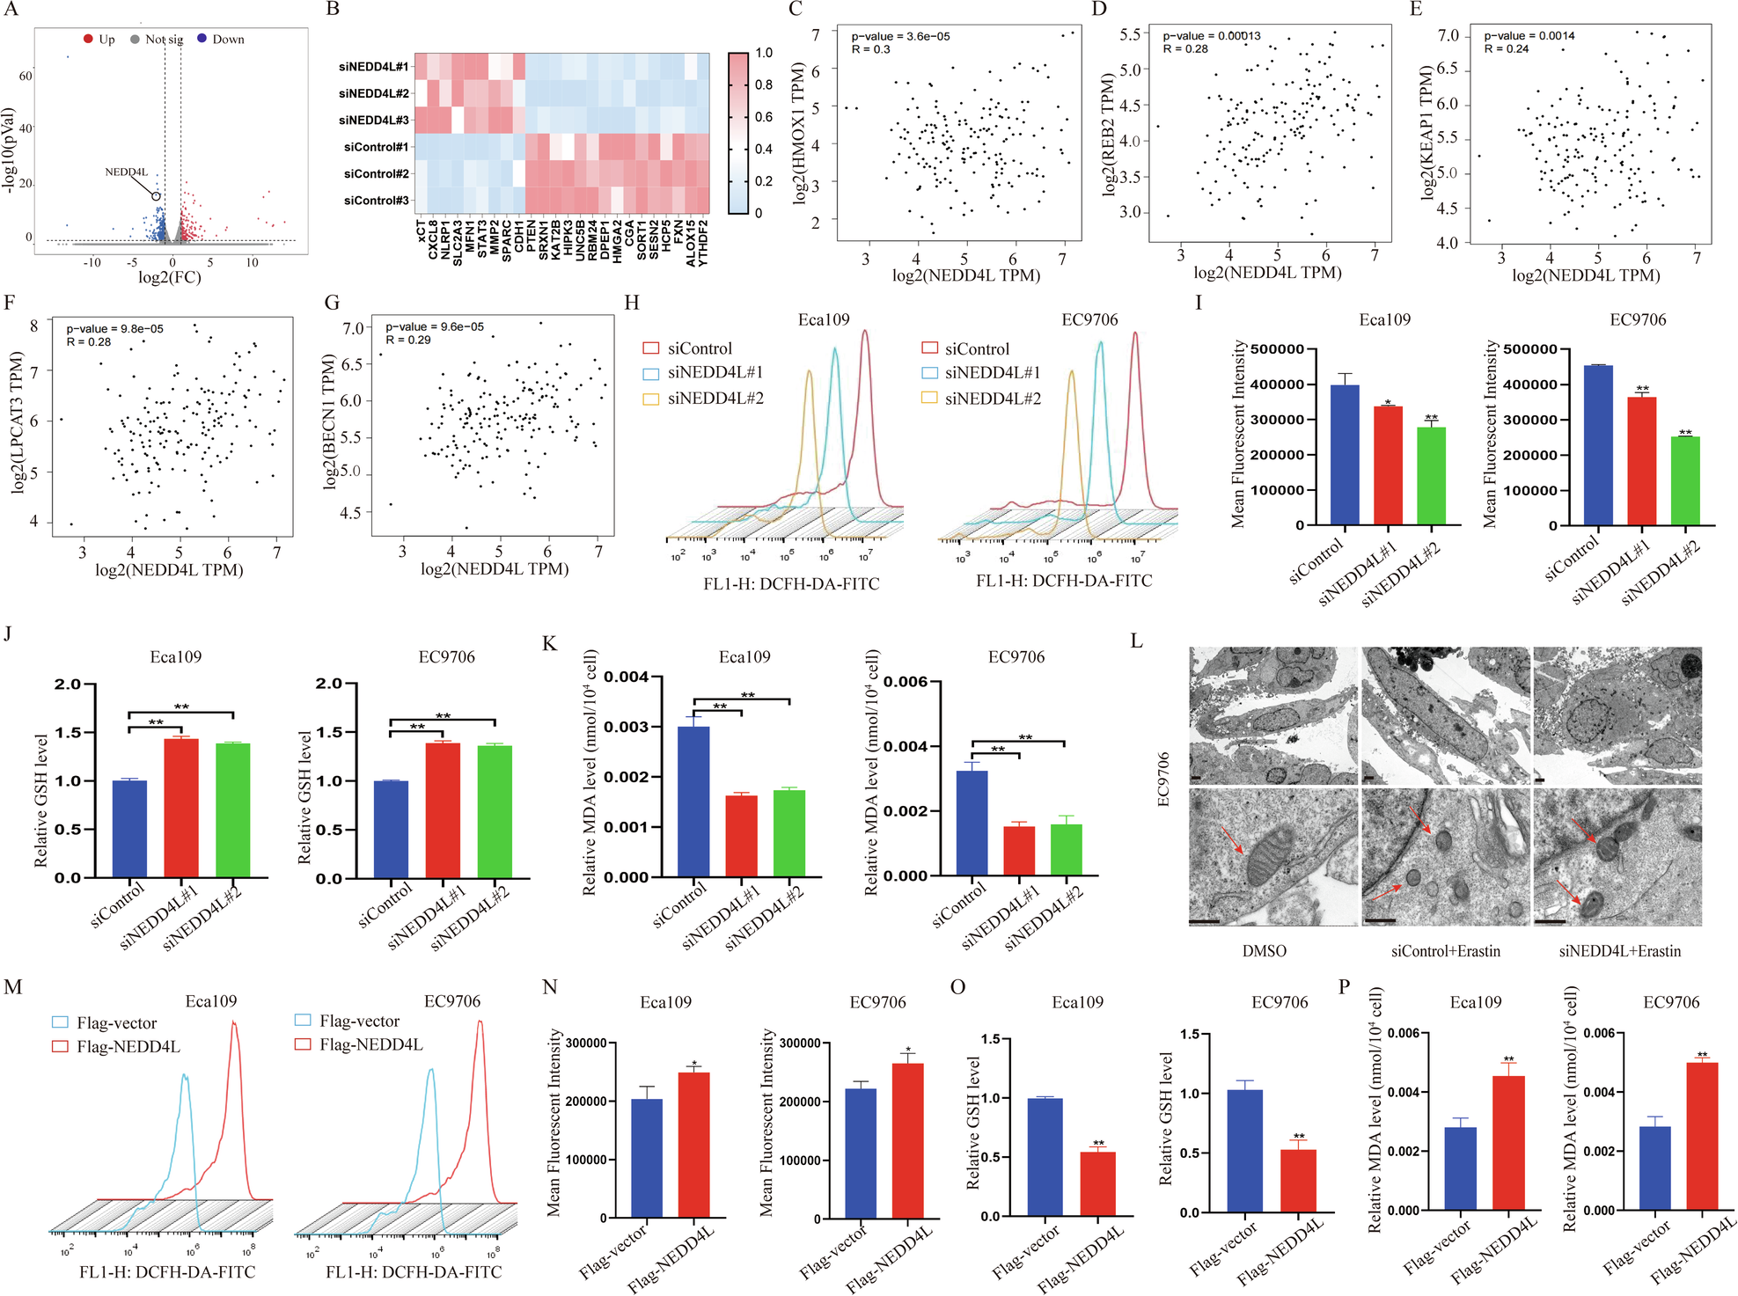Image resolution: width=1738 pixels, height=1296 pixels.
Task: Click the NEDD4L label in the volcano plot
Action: (x=126, y=172)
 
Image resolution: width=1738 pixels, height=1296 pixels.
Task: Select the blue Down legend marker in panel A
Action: (x=202, y=39)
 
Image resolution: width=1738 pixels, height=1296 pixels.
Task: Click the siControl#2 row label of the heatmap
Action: (x=376, y=173)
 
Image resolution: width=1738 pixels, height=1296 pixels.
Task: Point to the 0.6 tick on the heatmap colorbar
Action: (x=763, y=117)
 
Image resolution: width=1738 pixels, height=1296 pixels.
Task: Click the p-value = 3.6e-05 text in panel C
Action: (x=899, y=36)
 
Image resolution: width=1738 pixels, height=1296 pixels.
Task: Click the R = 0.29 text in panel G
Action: (x=407, y=340)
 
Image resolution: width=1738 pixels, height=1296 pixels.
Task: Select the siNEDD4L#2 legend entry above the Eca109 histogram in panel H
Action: (x=715, y=399)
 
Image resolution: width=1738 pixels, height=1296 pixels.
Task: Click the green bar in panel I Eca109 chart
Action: (x=1431, y=475)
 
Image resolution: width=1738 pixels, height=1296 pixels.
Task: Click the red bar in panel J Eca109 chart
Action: (x=181, y=808)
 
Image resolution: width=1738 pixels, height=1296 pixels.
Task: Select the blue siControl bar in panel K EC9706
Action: (x=972, y=822)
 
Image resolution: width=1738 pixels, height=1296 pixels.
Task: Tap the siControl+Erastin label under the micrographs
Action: (x=1445, y=951)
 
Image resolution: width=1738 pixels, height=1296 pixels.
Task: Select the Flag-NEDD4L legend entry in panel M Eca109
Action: (x=128, y=1046)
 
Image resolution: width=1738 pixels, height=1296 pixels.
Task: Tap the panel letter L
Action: (x=1136, y=641)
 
